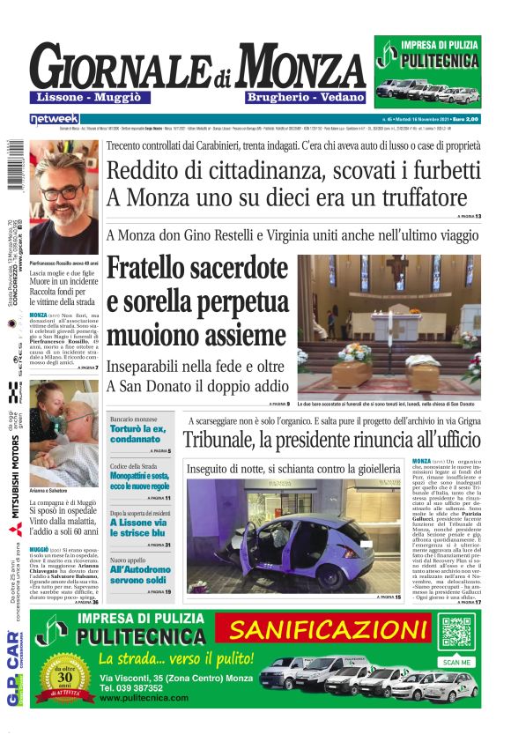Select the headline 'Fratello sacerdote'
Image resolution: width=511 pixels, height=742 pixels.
click(x=197, y=270)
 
